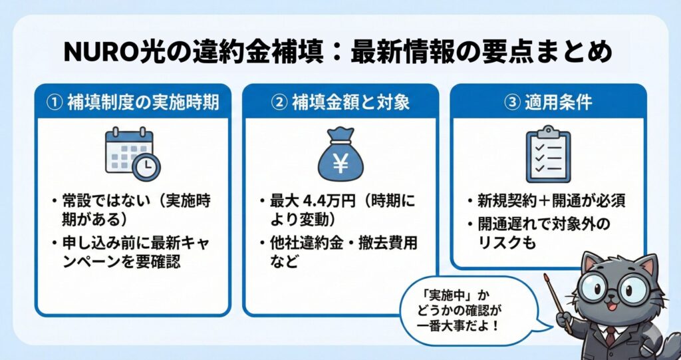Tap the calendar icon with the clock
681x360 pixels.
coord(132,154)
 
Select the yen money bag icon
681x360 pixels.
coord(340,154)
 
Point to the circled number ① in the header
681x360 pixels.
coord(53,102)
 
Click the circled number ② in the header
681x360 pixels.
coord(278,102)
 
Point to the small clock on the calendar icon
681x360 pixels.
coord(146,167)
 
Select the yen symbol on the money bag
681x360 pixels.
coord(340,162)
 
